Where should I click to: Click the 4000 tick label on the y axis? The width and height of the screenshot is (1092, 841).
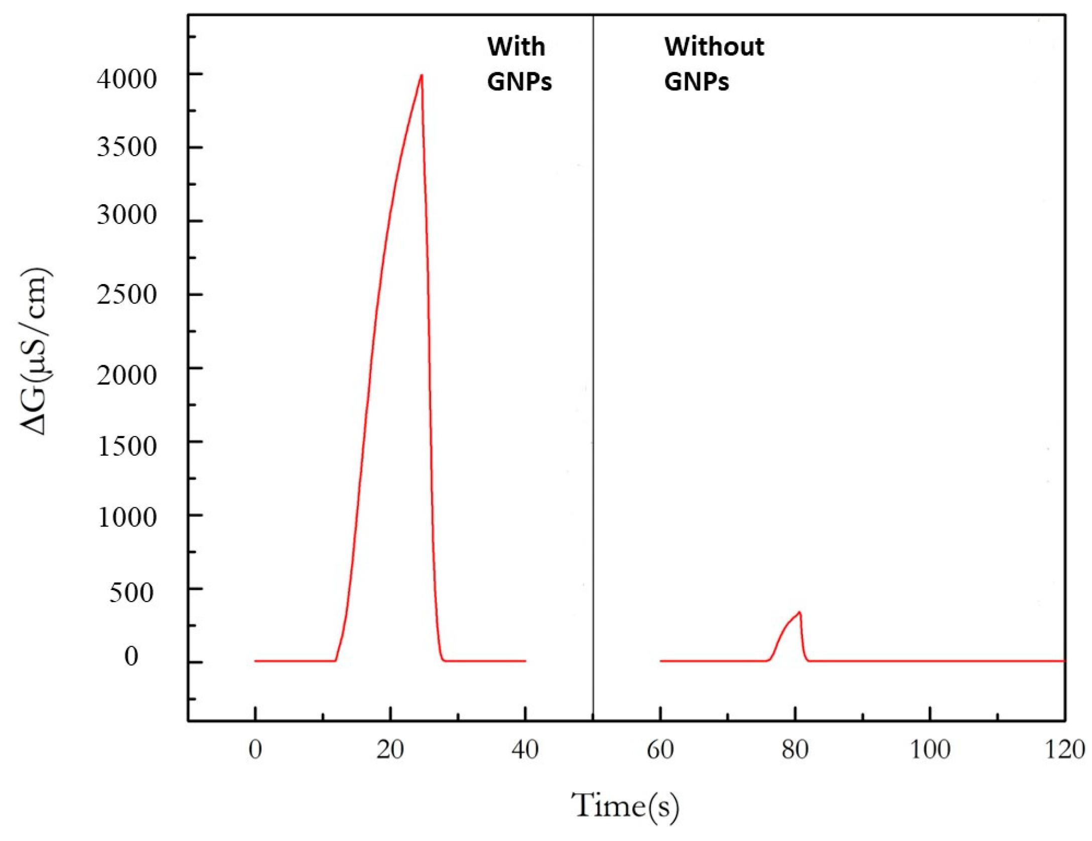tap(126, 79)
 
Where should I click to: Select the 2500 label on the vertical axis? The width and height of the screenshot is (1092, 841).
tap(126, 295)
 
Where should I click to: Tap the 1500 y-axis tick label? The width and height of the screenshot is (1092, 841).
tap(126, 446)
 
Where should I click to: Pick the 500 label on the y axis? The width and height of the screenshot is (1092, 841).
tap(131, 593)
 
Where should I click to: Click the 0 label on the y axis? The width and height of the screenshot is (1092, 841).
tap(131, 656)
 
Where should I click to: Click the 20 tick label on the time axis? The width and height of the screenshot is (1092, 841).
tap(390, 750)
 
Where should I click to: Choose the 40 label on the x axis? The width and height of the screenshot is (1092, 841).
tap(525, 750)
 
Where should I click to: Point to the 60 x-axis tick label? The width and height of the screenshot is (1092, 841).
tap(660, 750)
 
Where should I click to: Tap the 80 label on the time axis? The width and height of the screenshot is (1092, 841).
tap(795, 750)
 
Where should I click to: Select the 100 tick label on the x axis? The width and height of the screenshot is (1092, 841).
tap(930, 750)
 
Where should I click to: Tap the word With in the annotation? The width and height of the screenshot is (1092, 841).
tap(516, 47)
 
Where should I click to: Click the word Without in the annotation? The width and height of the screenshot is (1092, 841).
tap(714, 47)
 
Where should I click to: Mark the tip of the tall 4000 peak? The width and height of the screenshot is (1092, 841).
tap(422, 75)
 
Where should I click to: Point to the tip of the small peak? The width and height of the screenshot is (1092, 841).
tap(799, 612)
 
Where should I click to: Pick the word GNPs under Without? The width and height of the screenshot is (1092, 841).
tap(696, 81)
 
